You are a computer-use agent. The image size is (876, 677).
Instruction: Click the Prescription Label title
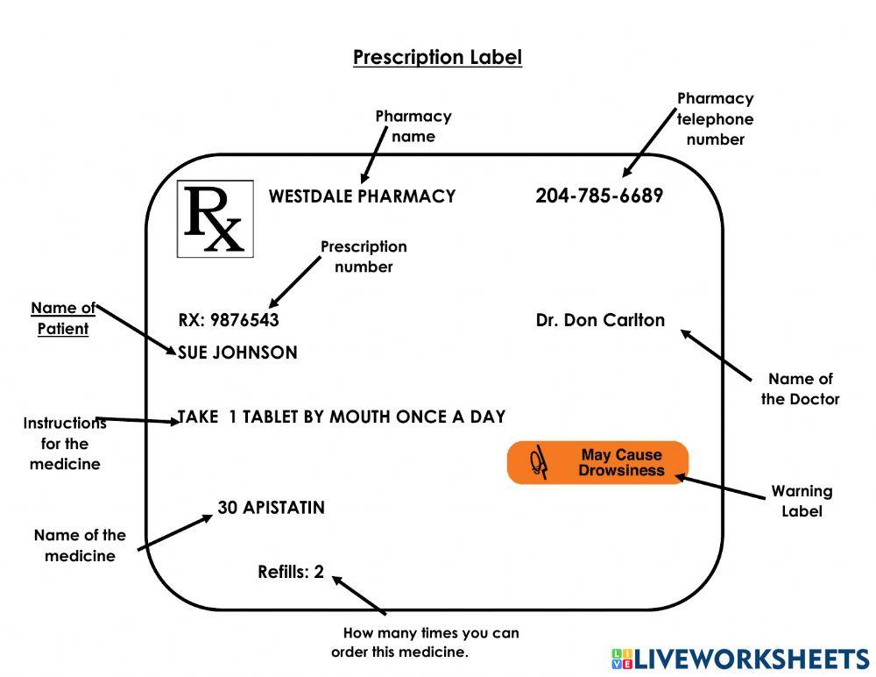click(x=437, y=58)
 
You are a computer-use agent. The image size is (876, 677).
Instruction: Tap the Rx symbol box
click(x=215, y=219)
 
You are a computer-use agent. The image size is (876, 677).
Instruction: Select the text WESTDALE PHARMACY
click(x=362, y=196)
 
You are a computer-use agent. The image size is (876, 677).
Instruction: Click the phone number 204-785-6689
click(x=599, y=196)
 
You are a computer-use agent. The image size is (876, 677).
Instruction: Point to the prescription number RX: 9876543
click(x=229, y=320)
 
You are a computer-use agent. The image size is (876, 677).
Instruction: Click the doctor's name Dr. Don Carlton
click(x=600, y=320)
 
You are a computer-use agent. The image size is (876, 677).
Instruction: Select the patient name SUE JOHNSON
click(x=237, y=353)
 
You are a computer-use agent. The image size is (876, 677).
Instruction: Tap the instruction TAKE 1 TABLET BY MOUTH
click(x=342, y=417)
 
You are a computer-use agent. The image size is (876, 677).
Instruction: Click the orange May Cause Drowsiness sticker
click(x=598, y=463)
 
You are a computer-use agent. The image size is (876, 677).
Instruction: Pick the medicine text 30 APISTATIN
click(x=271, y=508)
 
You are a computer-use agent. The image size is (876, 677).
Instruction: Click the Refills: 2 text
click(x=291, y=573)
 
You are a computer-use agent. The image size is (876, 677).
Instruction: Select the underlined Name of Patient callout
click(x=63, y=318)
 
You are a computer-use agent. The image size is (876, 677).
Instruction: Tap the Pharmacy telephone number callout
click(x=715, y=119)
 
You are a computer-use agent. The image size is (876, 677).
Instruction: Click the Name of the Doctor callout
click(x=800, y=389)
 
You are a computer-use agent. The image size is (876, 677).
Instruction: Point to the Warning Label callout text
click(x=802, y=501)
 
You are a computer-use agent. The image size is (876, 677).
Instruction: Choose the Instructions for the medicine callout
click(x=65, y=444)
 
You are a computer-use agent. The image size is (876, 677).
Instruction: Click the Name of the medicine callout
click(x=80, y=545)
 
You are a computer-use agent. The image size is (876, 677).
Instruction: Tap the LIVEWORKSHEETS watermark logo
click(x=739, y=659)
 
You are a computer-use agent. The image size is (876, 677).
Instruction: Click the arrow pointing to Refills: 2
click(x=359, y=595)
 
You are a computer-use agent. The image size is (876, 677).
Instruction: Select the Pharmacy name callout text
click(x=413, y=126)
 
